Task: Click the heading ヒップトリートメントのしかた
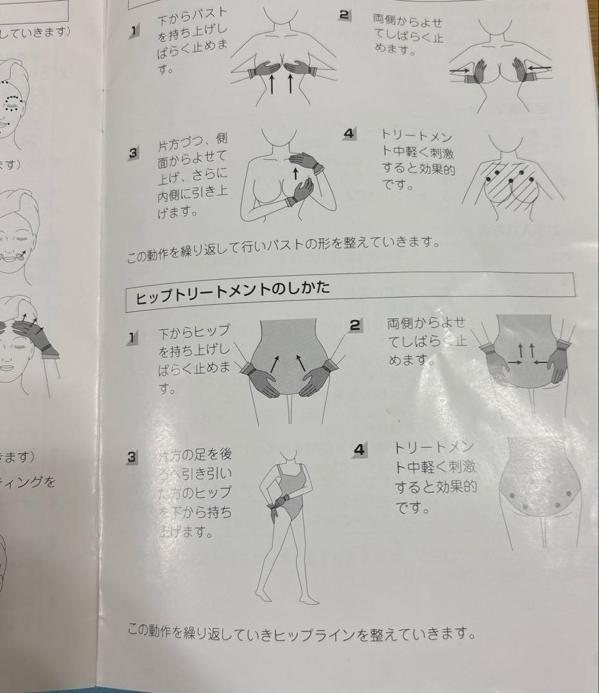pos(232,289)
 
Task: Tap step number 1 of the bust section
pos(133,31)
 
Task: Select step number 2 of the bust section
pos(345,13)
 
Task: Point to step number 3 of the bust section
pos(134,153)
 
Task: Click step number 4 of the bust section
pos(349,133)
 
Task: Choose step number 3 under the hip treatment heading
pos(132,457)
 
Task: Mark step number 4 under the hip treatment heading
pos(360,449)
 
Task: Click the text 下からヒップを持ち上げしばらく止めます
pos(194,359)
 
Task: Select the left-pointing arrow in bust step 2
pos(541,67)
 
